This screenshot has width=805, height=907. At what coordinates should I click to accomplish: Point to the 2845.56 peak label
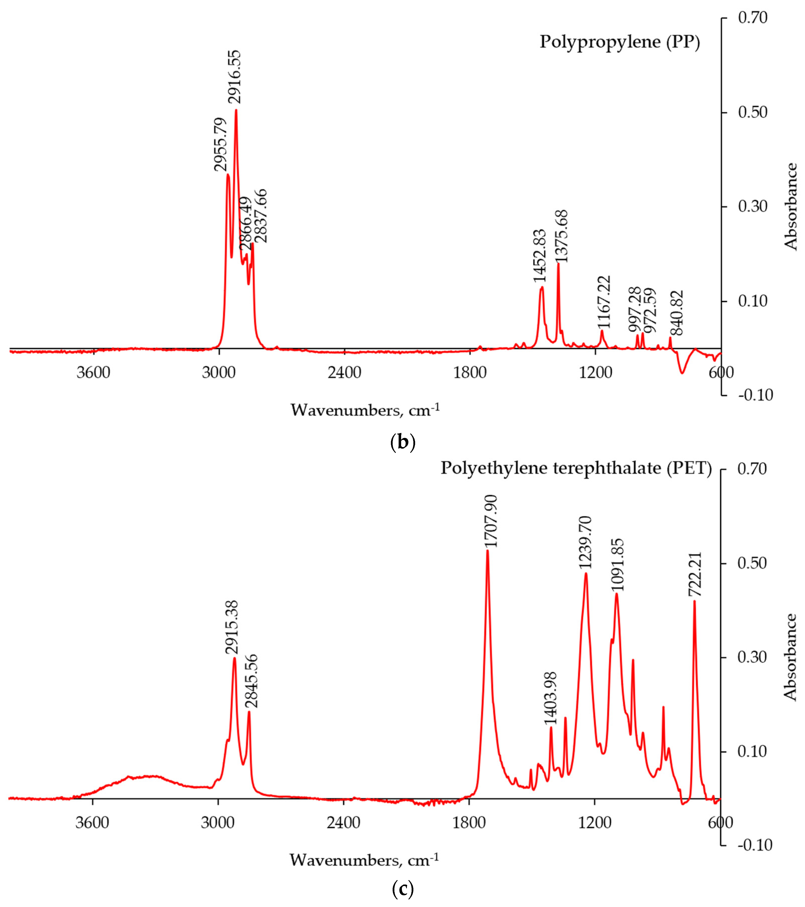point(251,681)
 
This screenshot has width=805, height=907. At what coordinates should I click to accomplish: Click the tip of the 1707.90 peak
point(487,551)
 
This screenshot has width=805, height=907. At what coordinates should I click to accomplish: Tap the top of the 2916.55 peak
point(236,110)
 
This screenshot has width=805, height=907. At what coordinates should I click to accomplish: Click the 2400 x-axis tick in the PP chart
point(345,372)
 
